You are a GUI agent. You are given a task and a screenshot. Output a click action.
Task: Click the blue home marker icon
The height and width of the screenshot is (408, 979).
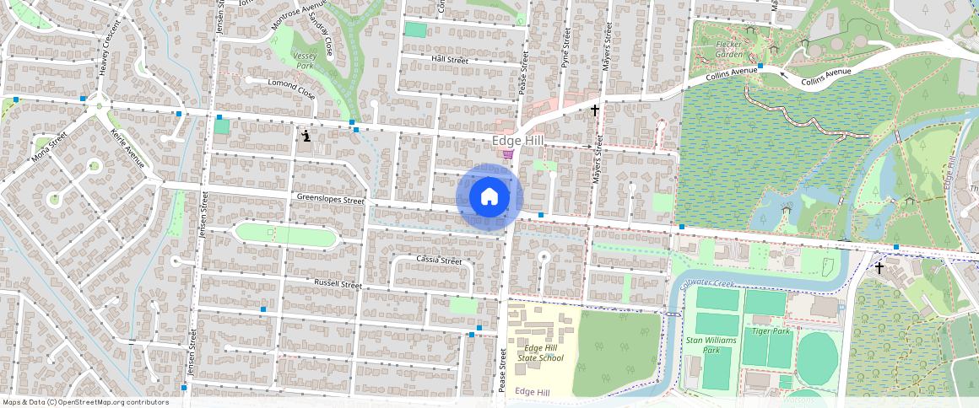(489, 197)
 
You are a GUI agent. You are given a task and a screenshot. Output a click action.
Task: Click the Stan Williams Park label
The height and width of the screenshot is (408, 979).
(711, 345)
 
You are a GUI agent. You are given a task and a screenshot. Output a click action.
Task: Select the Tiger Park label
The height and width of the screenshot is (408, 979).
(771, 331)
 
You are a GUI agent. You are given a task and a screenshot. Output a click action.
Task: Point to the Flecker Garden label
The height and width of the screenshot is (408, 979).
(728, 49)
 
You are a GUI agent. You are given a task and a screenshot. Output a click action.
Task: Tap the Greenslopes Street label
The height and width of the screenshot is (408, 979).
(330, 201)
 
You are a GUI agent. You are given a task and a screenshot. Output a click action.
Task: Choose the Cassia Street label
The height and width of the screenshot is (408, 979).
(440, 260)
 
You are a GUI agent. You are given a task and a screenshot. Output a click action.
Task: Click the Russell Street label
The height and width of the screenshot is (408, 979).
(338, 284)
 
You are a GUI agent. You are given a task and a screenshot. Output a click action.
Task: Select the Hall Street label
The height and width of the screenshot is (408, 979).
(449, 60)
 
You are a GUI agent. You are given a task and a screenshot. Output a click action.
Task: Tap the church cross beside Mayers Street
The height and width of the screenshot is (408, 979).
(595, 110)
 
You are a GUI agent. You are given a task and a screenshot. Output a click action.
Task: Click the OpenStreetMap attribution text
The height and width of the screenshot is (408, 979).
(84, 402)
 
